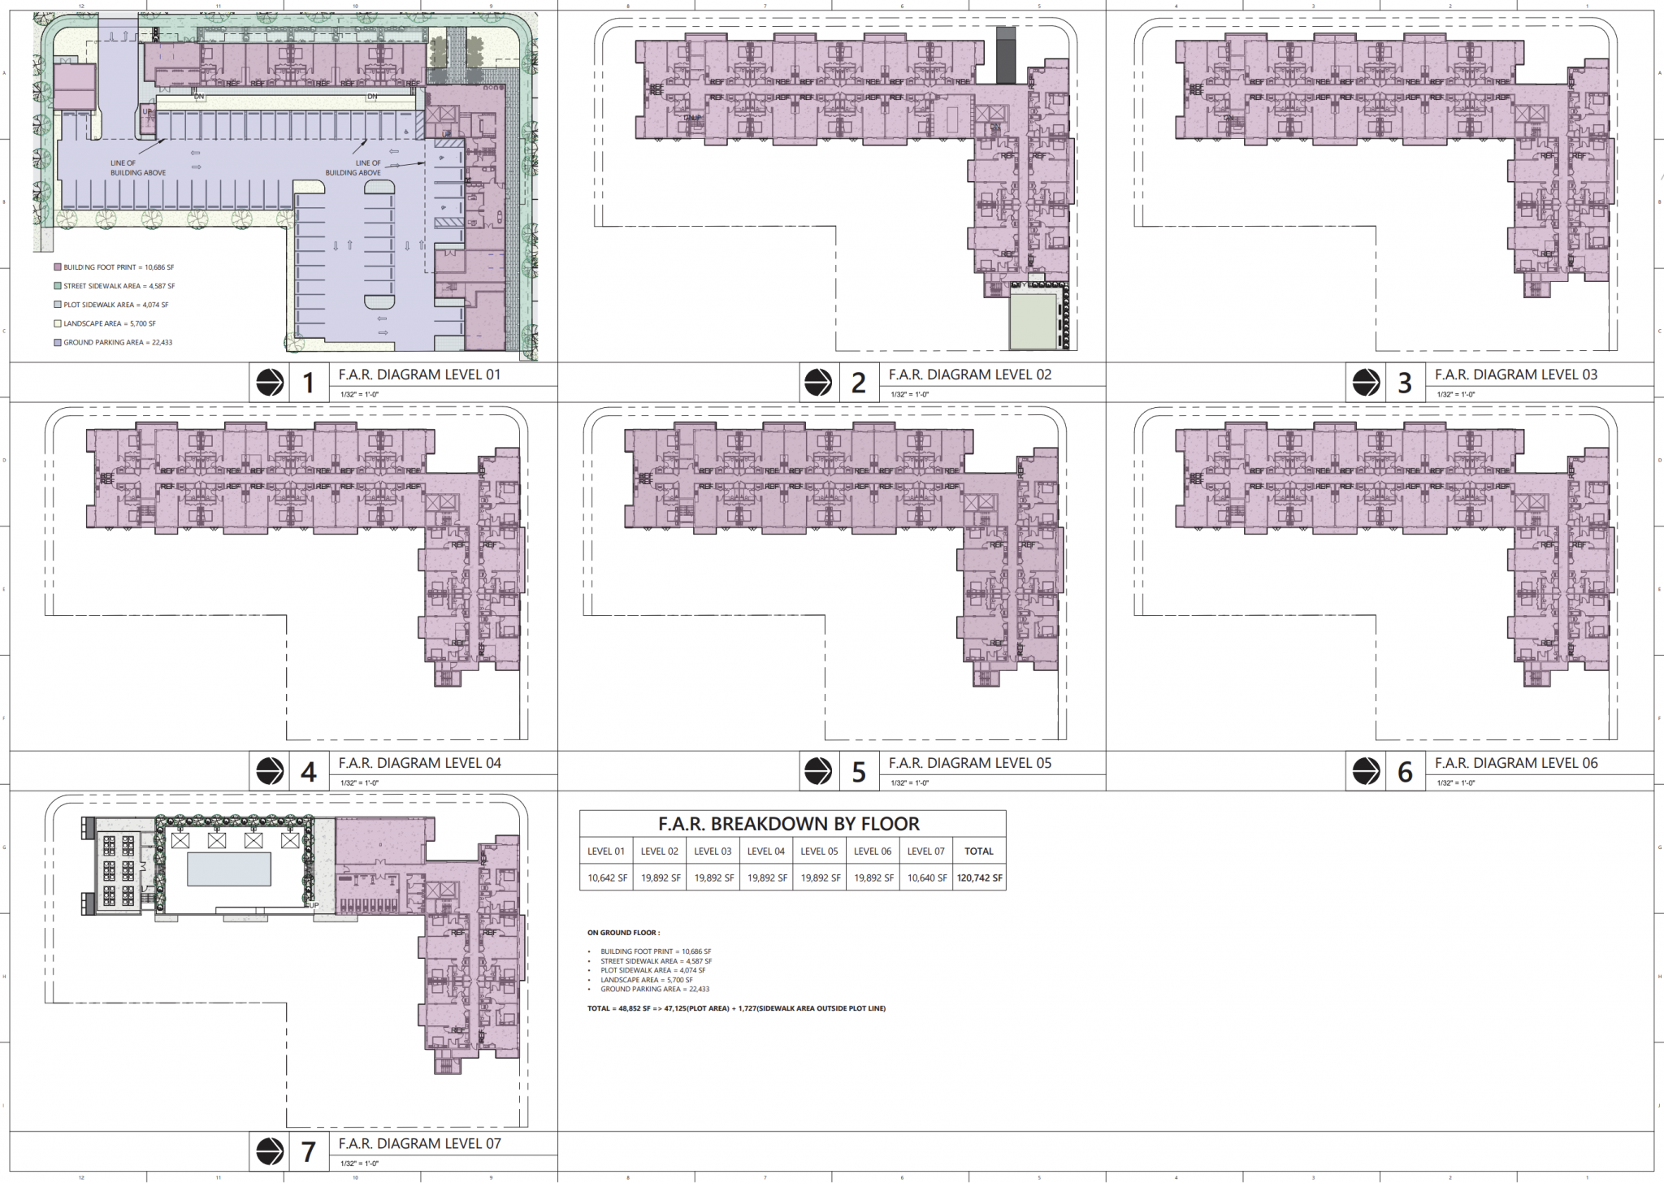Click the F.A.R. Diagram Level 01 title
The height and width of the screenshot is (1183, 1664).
pyautogui.click(x=419, y=375)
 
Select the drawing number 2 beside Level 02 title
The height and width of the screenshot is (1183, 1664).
pyautogui.click(x=858, y=383)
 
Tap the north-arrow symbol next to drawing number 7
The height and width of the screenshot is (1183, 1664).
pyautogui.click(x=270, y=1151)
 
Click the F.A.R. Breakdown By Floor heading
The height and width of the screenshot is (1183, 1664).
pyautogui.click(x=788, y=824)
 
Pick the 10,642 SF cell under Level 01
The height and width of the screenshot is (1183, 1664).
pyautogui.click(x=606, y=878)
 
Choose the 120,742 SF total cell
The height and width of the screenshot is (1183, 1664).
pyautogui.click(x=979, y=878)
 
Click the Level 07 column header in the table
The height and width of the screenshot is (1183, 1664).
pyautogui.click(x=925, y=851)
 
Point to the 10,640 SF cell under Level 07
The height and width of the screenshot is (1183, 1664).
pyautogui.click(x=926, y=878)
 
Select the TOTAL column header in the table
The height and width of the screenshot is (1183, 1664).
pyautogui.click(x=978, y=851)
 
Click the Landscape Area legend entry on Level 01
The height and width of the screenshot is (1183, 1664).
pyautogui.click(x=109, y=323)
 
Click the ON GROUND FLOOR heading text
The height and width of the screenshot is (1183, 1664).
pyautogui.click(x=623, y=933)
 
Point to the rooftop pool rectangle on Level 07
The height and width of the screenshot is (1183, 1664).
pyautogui.click(x=229, y=869)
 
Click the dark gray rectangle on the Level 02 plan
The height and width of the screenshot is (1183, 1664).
pyautogui.click(x=1006, y=54)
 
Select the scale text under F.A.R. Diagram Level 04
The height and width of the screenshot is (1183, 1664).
pyautogui.click(x=359, y=783)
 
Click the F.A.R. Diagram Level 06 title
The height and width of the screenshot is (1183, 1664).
pyautogui.click(x=1515, y=763)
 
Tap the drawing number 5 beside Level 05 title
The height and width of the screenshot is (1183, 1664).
pyautogui.click(x=858, y=772)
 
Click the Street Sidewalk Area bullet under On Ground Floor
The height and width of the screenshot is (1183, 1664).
pyautogui.click(x=655, y=961)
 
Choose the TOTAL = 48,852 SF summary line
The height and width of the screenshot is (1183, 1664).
pyautogui.click(x=735, y=1008)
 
